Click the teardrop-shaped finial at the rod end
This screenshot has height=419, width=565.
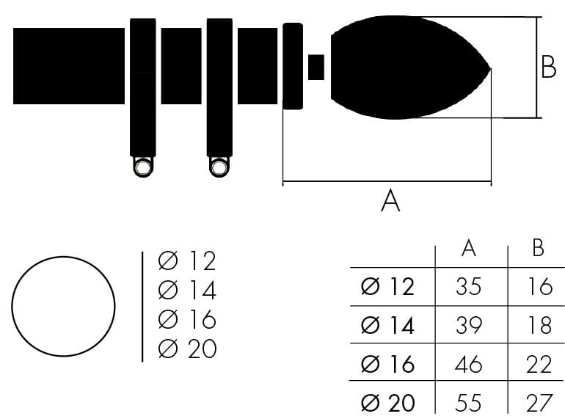pos(407,68)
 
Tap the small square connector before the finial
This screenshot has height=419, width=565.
pos(316,68)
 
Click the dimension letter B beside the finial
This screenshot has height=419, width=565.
pos(548,67)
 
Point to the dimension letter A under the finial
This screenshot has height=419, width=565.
pos(390,201)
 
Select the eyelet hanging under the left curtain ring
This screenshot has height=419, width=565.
pos(142,167)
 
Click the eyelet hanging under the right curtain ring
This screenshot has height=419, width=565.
pos(219,167)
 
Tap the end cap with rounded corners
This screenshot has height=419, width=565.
pos(293,66)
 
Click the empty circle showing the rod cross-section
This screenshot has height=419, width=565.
pos(63,306)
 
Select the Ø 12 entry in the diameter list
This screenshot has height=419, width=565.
pos(187,260)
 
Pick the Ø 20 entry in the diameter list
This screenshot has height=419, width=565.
pos(187,349)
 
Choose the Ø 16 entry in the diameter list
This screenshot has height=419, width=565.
pos(187,319)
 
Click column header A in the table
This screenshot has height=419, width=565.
pos(468,248)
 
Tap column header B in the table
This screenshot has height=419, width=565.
pos(538,248)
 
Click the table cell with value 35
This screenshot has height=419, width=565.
pos(468,287)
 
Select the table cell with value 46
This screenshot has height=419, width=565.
pos(468,364)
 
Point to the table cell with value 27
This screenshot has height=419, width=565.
pos(539,403)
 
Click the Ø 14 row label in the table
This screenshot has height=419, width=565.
pos(387,325)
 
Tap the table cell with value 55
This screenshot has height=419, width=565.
pos(468,403)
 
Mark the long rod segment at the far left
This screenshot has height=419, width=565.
pos(69,66)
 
